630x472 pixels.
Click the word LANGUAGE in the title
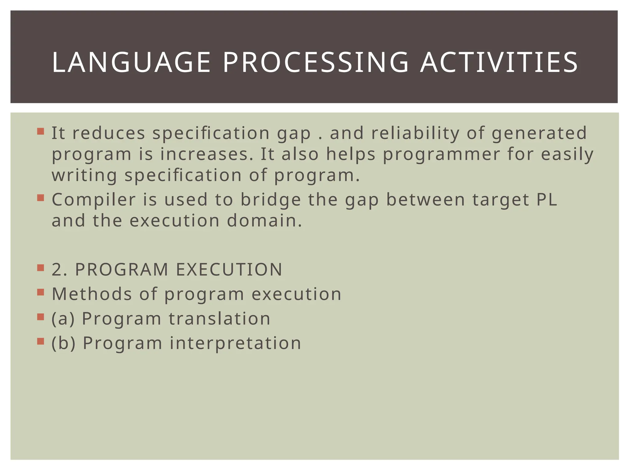(131, 63)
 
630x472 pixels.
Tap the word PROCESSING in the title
(315, 63)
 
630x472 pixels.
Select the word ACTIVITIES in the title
(499, 63)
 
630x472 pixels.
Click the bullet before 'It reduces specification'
(41, 132)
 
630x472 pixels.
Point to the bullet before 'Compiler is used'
(41, 198)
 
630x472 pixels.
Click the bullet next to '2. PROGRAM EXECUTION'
(41, 268)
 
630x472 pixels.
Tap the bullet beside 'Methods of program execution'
(41, 292)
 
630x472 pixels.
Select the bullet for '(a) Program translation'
(41, 317)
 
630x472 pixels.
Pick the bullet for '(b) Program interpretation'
(41, 341)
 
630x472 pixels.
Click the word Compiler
(94, 200)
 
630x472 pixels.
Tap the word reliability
(415, 134)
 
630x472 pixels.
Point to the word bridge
(270, 200)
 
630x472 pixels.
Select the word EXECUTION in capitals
(229, 270)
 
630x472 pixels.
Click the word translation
(219, 319)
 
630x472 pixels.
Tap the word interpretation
(235, 343)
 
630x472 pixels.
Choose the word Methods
(92, 294)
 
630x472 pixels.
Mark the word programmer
(441, 154)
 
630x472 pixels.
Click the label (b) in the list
(63, 343)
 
